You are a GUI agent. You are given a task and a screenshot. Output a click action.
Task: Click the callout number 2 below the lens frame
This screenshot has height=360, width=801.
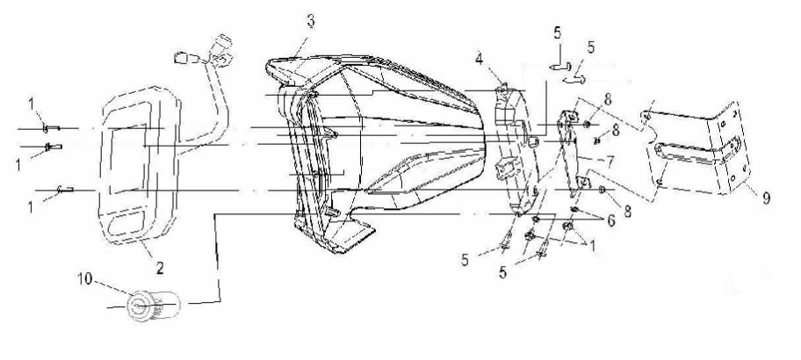[x=160, y=268]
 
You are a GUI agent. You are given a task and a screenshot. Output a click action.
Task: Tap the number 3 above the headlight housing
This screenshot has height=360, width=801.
[x=311, y=21]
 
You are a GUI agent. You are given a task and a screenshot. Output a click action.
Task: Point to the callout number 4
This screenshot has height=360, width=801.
[x=479, y=59]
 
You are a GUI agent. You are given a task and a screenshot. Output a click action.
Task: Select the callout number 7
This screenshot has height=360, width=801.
[x=610, y=162]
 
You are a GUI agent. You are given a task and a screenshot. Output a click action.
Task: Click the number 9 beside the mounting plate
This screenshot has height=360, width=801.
[x=766, y=198]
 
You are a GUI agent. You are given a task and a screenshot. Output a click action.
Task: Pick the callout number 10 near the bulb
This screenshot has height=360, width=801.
[x=86, y=279]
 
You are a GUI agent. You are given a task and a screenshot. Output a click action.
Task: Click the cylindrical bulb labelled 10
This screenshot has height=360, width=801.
[x=153, y=306]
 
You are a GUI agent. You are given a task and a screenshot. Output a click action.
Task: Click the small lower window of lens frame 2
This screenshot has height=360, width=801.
[x=126, y=225]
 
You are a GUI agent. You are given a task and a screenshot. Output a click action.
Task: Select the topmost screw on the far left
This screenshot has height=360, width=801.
[x=51, y=127]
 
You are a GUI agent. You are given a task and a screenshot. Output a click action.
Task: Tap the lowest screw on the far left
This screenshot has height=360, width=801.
[x=65, y=190]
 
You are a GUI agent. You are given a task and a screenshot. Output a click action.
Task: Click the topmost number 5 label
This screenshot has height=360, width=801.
[x=557, y=33]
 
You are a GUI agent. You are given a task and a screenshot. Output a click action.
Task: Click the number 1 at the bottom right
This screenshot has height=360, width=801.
[x=592, y=247]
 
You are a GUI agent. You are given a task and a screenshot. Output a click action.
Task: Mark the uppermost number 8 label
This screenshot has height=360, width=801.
[x=607, y=99]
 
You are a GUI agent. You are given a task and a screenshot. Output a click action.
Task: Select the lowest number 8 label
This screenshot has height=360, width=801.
[x=627, y=211]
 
